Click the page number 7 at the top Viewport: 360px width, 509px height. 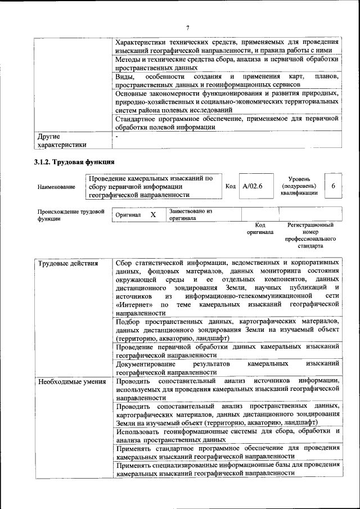(x=187, y=28)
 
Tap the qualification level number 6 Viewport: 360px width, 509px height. (x=333, y=186)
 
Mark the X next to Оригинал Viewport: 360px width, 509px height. (x=152, y=215)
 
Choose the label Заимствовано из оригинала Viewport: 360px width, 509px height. (x=190, y=214)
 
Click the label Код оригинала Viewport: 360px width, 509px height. (x=260, y=228)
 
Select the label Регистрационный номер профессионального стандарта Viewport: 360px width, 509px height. (x=310, y=236)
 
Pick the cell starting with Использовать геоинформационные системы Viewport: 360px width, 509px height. (x=227, y=435)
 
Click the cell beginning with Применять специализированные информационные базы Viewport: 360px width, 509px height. (x=227, y=469)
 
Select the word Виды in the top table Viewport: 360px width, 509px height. (x=125, y=76)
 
